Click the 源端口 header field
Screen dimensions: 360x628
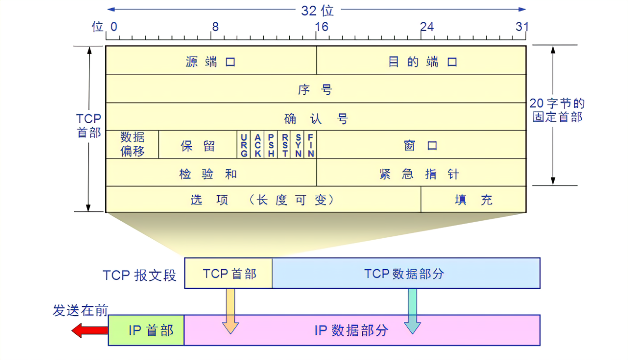coord(211,61)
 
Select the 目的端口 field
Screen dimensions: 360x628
coord(421,61)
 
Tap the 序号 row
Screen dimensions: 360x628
coord(315,89)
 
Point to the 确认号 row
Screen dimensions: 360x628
coord(315,117)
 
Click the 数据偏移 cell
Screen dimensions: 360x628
coord(132,144)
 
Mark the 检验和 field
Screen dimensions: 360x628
coord(211,173)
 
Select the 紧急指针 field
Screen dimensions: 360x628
coord(421,173)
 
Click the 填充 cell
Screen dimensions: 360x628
coord(473,200)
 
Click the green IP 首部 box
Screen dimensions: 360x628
coord(146,331)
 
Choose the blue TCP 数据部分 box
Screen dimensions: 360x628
coord(405,274)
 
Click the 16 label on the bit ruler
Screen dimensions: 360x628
coord(321,27)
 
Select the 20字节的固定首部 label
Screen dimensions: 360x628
coord(557,110)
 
